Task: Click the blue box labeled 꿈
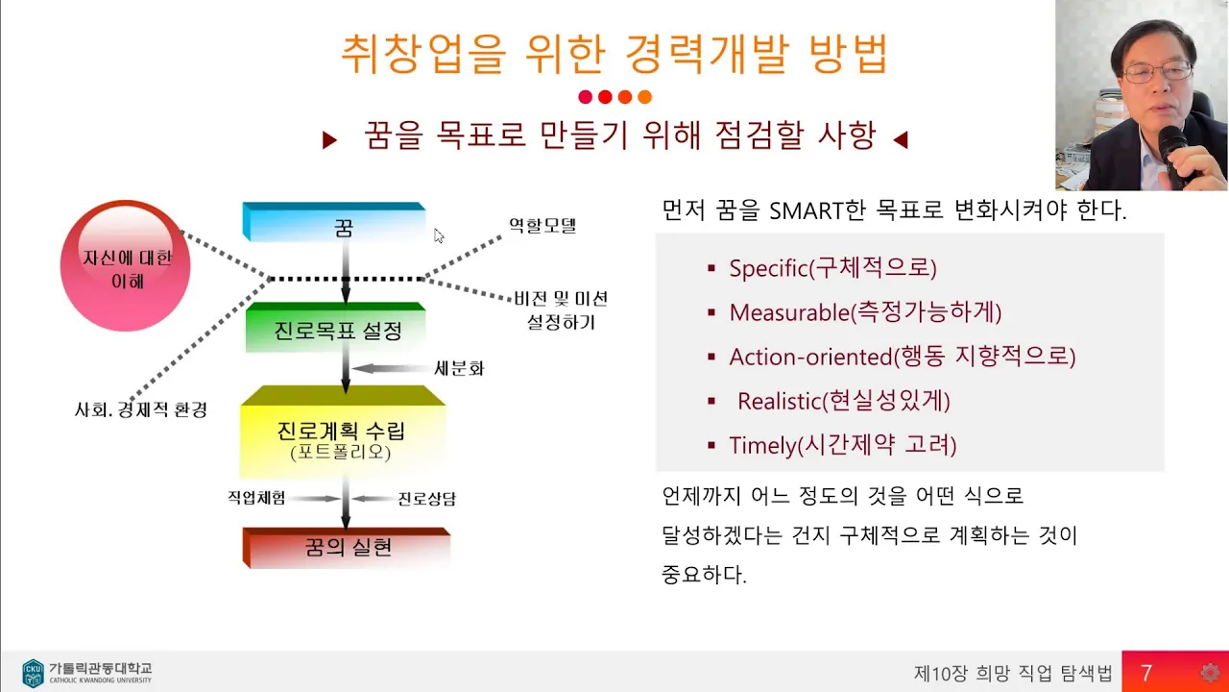tap(334, 222)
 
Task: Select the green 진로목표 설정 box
tap(336, 327)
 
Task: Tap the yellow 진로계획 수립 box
tap(343, 432)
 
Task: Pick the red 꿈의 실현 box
tap(347, 548)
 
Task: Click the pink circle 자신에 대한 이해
tap(126, 266)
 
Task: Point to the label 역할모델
tap(542, 225)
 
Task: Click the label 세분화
tap(459, 368)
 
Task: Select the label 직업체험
tap(256, 498)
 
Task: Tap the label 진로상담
tap(427, 499)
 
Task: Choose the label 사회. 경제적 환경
tap(141, 409)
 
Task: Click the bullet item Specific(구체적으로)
tap(832, 268)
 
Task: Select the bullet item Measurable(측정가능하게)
tap(865, 312)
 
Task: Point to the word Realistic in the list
tap(779, 401)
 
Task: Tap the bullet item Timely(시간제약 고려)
tap(843, 445)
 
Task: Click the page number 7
tap(1146, 673)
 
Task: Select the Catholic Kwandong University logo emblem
tap(33, 673)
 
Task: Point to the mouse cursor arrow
tap(439, 235)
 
